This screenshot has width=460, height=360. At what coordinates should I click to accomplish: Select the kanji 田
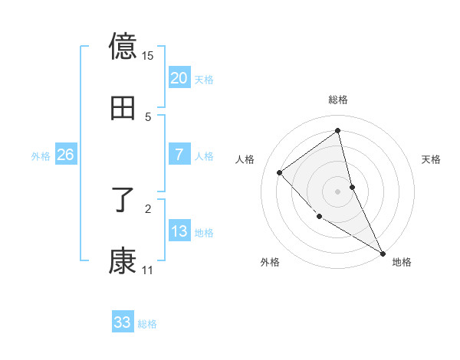click(123, 108)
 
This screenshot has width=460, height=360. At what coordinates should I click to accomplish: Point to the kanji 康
click(123, 261)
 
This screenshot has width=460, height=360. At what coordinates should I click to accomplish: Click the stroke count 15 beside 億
click(148, 56)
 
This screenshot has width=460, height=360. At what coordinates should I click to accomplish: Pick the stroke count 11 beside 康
click(148, 270)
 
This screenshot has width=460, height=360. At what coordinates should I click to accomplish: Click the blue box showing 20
click(179, 78)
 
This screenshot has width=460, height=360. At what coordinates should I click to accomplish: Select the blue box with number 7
click(179, 155)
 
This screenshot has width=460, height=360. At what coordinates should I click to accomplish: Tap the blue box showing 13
click(179, 231)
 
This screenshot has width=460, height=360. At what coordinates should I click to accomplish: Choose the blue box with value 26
click(65, 155)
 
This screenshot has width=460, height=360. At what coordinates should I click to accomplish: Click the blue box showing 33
click(122, 322)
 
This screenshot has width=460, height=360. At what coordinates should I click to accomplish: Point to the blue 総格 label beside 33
click(147, 324)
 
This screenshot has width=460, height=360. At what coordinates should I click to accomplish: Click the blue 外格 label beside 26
click(41, 156)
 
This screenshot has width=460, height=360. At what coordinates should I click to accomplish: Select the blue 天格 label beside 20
click(204, 80)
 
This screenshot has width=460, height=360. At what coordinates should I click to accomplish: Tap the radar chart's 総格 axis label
click(338, 100)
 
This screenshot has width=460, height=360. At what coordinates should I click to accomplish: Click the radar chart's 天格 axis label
click(432, 159)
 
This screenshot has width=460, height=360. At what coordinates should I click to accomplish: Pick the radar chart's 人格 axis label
click(245, 159)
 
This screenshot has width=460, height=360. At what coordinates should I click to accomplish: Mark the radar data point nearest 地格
click(383, 253)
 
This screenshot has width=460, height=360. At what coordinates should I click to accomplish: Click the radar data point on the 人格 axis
click(280, 172)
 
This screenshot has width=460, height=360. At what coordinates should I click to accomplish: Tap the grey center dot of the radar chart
click(338, 191)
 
